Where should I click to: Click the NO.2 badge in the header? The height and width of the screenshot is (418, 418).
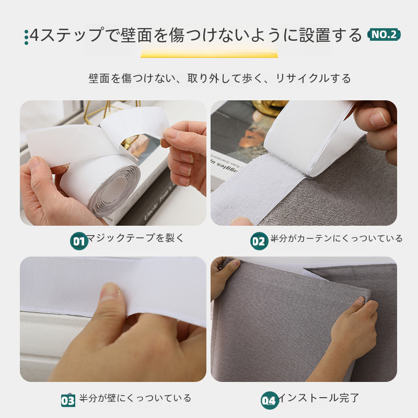click(384, 34)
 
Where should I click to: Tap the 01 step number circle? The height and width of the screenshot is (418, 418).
click(79, 241)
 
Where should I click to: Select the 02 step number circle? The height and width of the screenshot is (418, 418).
click(259, 241)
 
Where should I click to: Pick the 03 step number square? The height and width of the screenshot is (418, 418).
click(68, 400)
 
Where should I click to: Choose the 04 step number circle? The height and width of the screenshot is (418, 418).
click(270, 400)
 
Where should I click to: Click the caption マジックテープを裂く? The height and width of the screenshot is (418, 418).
click(135, 238)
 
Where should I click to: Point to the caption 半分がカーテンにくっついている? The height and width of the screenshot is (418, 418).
click(336, 238)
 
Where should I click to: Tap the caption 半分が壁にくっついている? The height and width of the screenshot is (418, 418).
click(135, 398)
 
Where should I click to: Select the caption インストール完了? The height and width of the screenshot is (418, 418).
click(318, 398)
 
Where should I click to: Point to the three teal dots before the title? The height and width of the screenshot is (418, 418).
click(26, 37)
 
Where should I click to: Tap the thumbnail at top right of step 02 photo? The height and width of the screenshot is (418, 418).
click(378, 118)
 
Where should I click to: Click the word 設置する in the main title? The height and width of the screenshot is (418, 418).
click(330, 35)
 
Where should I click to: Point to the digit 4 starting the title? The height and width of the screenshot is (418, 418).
click(34, 35)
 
